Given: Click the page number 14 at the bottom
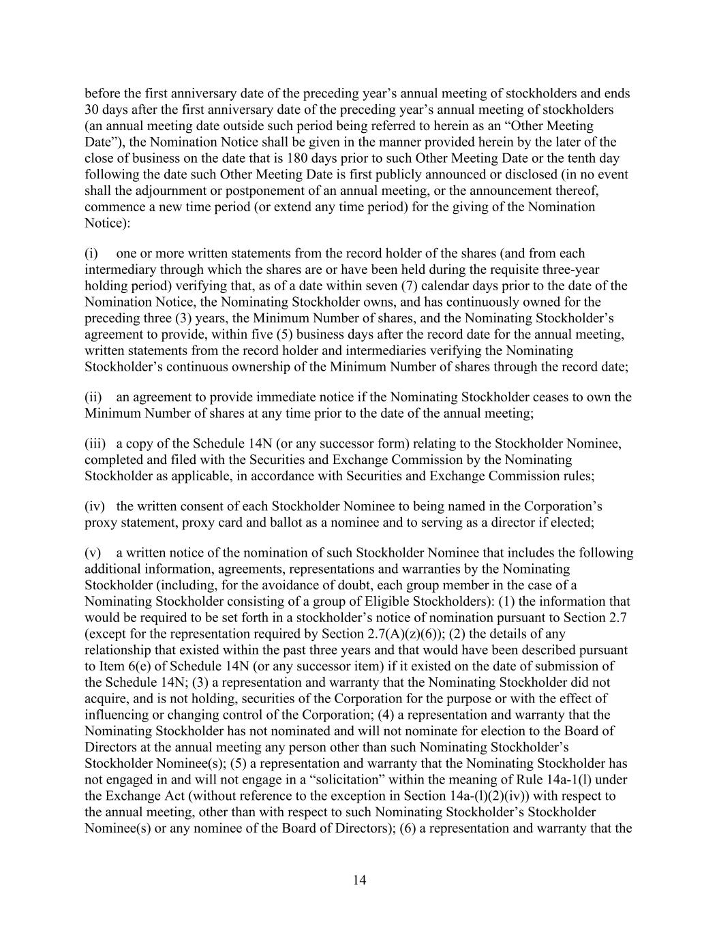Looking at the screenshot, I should [360, 880].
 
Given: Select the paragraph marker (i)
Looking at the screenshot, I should [91, 253].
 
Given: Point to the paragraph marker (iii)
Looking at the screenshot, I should [95, 444].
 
